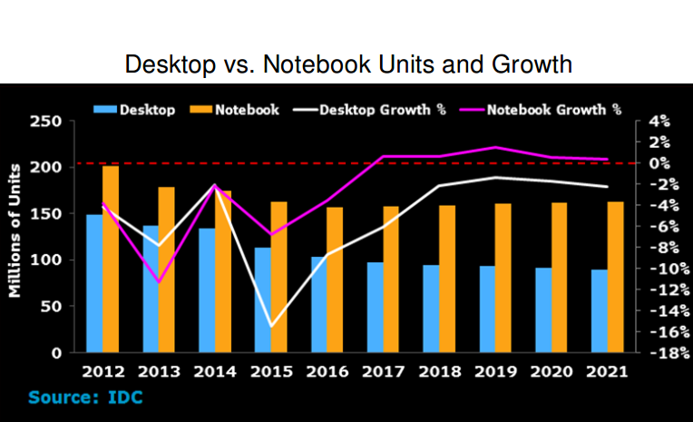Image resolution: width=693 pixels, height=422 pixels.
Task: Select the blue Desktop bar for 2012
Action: pos(94,283)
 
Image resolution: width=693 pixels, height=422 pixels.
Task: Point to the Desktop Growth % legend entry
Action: pos(382,109)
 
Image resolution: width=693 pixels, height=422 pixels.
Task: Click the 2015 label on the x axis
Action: pos(270,371)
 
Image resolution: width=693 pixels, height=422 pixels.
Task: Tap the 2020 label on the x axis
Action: pos(551,371)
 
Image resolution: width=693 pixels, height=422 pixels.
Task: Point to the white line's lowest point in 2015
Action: pos(270,326)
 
